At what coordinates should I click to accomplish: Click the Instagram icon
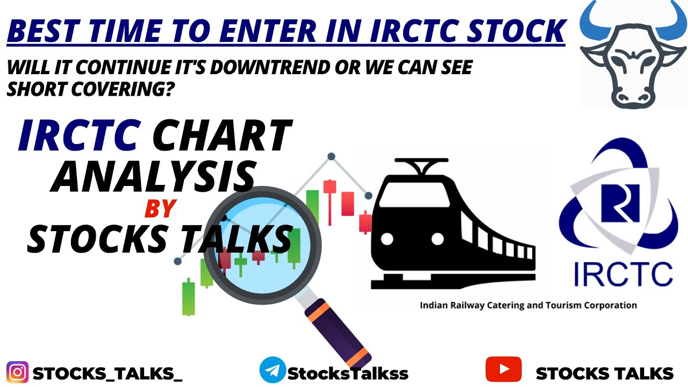coord(18,372)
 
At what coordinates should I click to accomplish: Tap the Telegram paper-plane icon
coord(272,371)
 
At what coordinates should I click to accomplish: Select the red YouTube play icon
coord(503,370)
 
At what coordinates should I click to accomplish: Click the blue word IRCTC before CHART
coord(78,136)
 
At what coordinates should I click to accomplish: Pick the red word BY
coord(160,209)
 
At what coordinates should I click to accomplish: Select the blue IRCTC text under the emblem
coord(622,274)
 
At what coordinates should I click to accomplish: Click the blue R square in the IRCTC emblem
coord(621,203)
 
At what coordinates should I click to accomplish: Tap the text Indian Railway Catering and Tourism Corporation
coord(528,305)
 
